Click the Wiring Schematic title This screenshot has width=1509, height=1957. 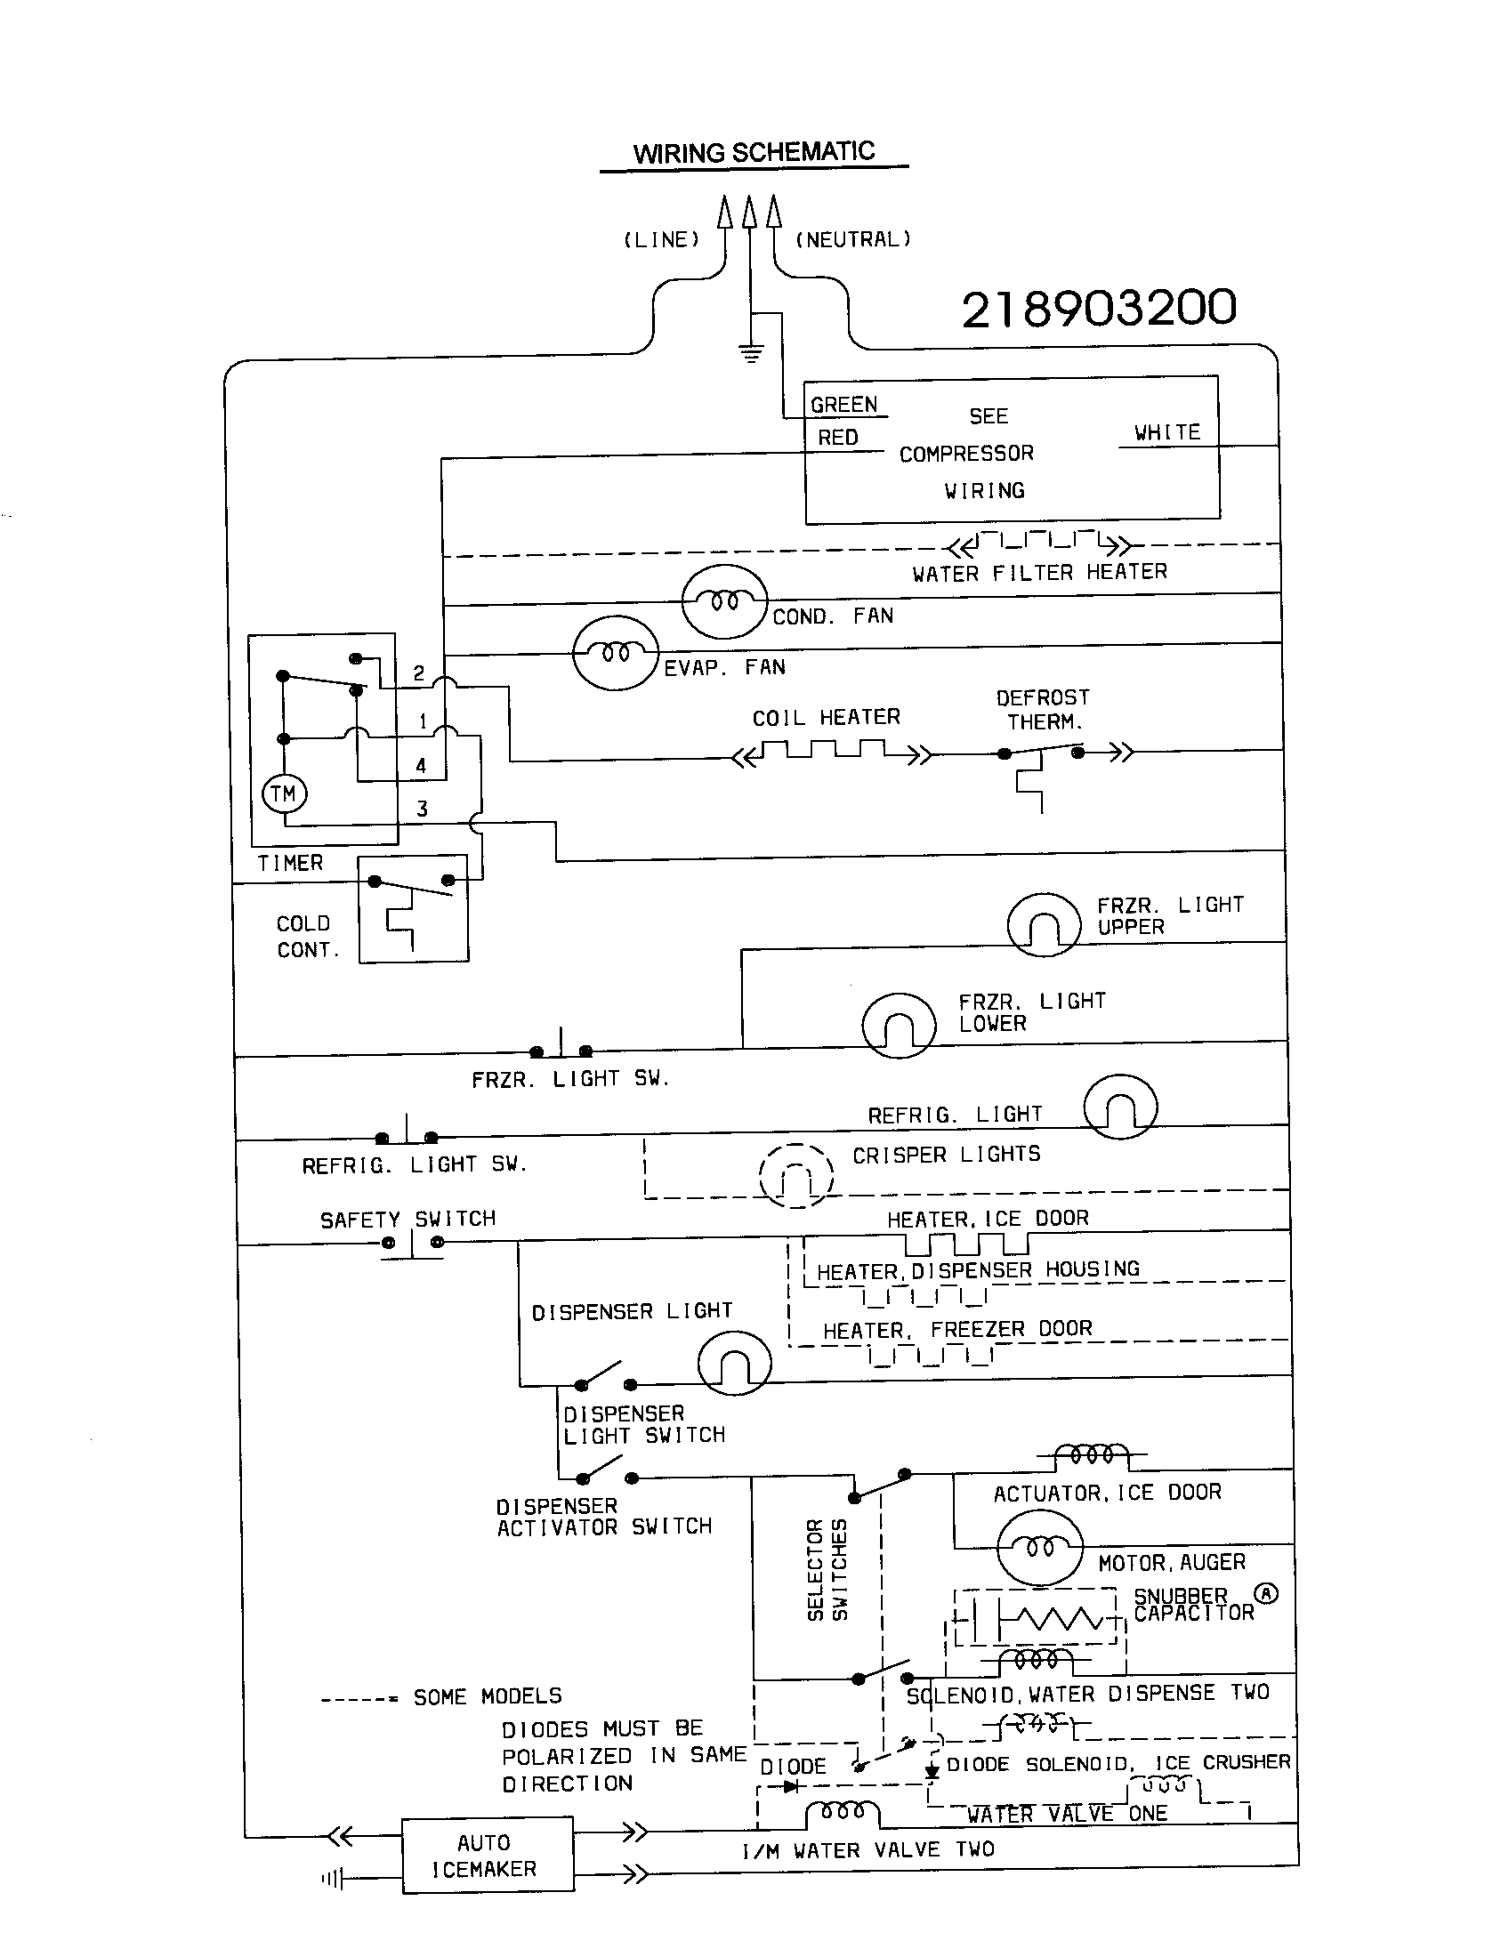(x=754, y=152)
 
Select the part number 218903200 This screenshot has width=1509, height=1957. (x=1099, y=310)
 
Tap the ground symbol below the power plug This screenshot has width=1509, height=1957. (x=751, y=352)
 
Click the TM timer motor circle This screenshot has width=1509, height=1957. (x=284, y=793)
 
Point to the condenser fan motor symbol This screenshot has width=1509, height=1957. (x=724, y=601)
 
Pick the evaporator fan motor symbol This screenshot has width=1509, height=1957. (x=616, y=652)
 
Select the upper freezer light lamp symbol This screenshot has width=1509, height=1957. (x=1043, y=925)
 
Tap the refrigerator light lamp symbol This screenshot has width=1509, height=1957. (x=1120, y=1107)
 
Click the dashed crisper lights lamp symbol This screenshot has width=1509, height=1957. (x=795, y=1176)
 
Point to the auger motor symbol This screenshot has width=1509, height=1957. (x=1039, y=1548)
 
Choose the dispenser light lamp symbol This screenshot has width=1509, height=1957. (x=734, y=1362)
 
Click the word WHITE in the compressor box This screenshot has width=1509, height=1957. (x=1166, y=432)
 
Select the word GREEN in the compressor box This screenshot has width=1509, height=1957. (x=843, y=405)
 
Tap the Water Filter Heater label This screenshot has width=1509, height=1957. (x=1039, y=573)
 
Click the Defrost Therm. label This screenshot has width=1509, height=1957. (x=1043, y=710)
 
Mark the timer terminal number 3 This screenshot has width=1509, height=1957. (x=422, y=809)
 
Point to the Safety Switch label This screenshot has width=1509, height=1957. (x=408, y=1219)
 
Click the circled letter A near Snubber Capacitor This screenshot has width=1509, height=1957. (x=1265, y=1593)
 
